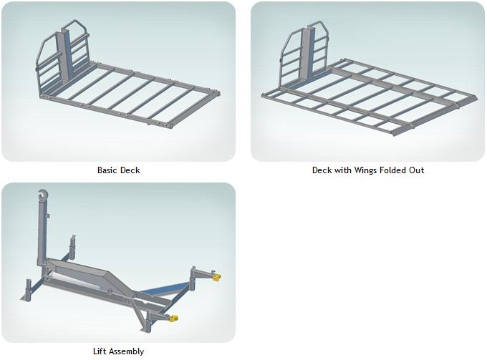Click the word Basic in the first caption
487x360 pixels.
[x=107, y=170]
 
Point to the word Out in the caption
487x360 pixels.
[x=417, y=170]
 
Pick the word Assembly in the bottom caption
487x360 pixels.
[x=127, y=351]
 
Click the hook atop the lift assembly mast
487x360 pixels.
[x=42, y=195]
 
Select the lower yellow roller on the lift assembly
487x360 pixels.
[x=173, y=318]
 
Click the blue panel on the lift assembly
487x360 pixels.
[x=164, y=289]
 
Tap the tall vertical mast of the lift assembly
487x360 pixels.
[x=42, y=233]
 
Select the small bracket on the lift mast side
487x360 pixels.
[x=48, y=215]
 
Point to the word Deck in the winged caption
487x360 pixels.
[x=319, y=170]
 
